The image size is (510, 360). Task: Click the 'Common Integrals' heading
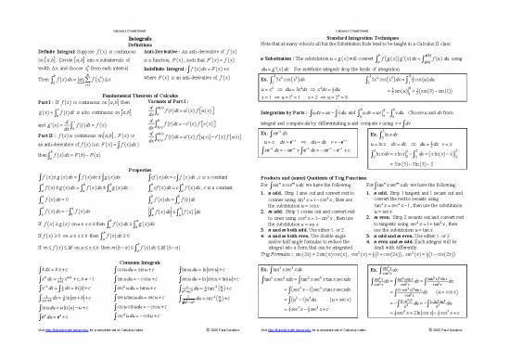click(127, 264)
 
